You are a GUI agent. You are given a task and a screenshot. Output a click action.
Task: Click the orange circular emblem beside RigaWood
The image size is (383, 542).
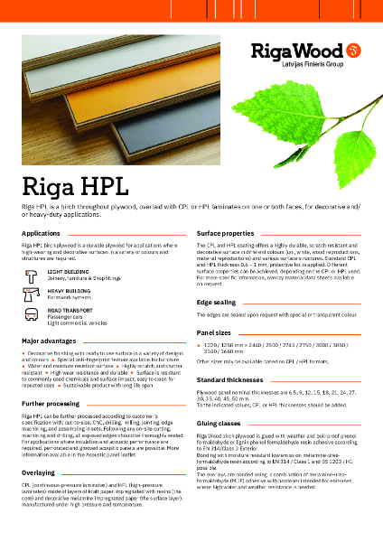(x=354, y=49)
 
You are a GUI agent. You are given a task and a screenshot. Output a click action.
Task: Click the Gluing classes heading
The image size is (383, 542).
(x=219, y=423)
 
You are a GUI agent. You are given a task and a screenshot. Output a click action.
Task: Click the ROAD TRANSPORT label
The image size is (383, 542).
(x=71, y=310)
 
